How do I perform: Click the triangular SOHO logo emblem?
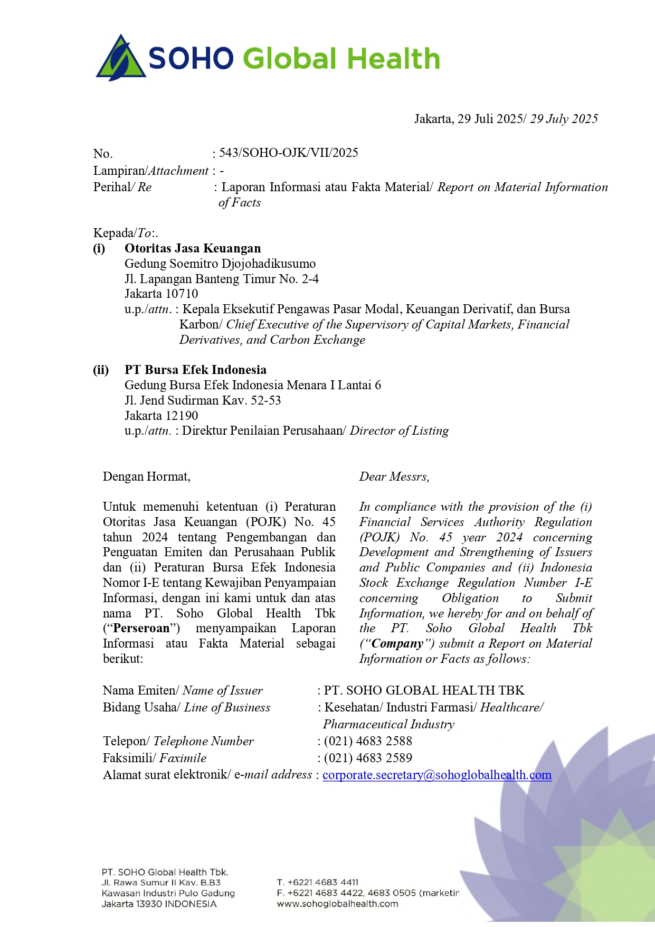pos(121,58)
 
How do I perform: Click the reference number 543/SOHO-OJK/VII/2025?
pos(288,153)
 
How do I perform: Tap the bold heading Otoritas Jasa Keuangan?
pos(193,248)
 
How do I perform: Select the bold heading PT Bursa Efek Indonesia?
pos(195,370)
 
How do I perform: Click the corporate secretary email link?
pos(437,775)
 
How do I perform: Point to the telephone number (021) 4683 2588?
pos(368,741)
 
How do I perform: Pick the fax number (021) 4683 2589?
pos(368,758)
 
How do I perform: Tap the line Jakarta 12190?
pos(162,416)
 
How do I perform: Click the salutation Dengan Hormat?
pos(146,476)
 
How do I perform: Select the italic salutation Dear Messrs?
pos(394,476)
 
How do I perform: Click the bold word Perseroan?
pos(141,629)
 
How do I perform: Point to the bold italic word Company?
pos(397,644)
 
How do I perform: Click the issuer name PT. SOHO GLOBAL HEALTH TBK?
pos(424,690)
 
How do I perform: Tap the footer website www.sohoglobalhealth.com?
pos(337,904)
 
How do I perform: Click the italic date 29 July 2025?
pos(564,119)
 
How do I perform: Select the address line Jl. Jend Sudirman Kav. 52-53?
pos(203,400)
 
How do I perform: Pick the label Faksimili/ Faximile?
pos(155,758)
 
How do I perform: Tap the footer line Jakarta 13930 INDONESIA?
pos(159,904)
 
